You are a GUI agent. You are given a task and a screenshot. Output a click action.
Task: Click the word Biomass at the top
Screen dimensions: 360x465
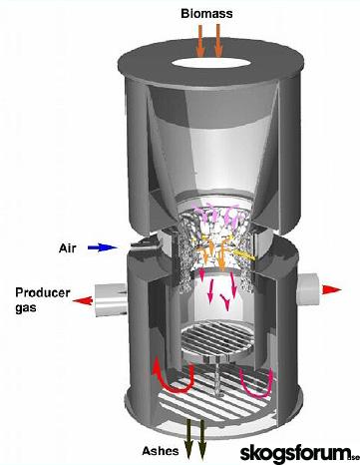coord(206,14)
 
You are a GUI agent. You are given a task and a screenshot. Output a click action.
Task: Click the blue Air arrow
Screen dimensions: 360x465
coord(102,247)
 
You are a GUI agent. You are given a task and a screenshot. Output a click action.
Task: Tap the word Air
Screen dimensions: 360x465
coord(68,247)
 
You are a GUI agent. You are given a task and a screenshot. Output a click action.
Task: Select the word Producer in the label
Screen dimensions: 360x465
coord(43,292)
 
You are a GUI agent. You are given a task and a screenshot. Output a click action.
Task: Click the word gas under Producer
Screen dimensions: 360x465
coord(26,308)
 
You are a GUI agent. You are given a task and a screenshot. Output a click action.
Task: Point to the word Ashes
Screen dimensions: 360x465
coord(161,451)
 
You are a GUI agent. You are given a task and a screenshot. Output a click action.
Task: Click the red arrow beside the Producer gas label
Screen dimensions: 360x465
coord(83,301)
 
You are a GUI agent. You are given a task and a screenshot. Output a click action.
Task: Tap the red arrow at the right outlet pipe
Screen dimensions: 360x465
coord(331,289)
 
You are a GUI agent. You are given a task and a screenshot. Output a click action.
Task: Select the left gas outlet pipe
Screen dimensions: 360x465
coord(111,300)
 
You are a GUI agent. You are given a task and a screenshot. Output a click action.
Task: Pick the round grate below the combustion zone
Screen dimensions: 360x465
coord(216,338)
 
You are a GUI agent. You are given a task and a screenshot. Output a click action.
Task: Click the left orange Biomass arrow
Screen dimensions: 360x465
coord(199,41)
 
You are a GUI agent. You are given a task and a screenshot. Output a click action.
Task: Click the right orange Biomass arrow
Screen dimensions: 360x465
coord(218,41)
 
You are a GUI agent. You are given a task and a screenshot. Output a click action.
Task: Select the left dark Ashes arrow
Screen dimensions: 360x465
coord(189,439)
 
